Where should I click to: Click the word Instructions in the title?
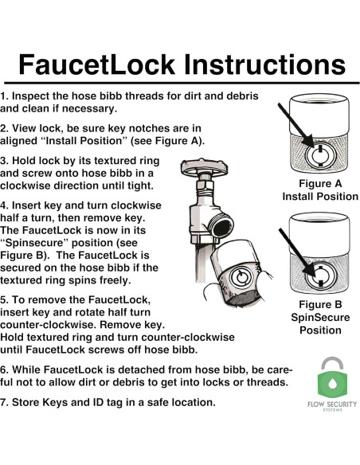(263, 63)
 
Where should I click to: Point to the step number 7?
(4, 402)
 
